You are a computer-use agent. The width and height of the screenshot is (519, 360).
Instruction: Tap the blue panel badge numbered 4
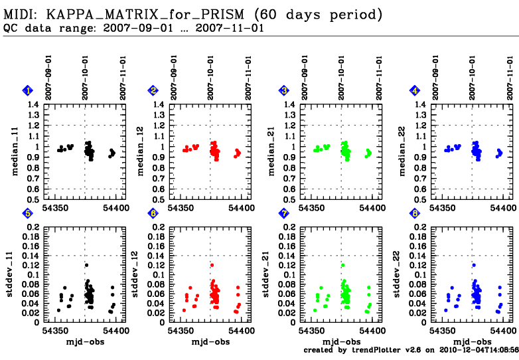pos(415,90)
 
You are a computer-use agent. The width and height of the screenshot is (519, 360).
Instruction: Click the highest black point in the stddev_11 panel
pos(86,265)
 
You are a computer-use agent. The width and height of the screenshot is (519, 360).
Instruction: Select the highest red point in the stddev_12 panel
pos(212,265)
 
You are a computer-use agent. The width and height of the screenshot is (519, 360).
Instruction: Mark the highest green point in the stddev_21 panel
pos(343,265)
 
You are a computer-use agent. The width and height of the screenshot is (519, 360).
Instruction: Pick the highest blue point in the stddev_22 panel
pos(473,265)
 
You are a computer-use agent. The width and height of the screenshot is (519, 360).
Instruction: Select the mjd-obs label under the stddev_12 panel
pos(210,341)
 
